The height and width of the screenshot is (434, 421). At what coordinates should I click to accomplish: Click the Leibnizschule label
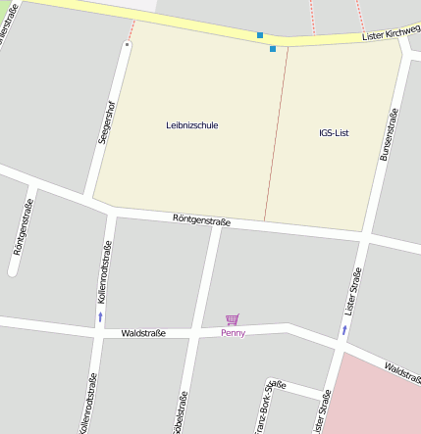[192, 125]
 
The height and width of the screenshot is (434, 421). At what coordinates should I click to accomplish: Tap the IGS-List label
[334, 132]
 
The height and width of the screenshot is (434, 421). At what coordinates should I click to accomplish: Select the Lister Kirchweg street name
[391, 32]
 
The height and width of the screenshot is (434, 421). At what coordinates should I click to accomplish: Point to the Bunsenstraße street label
[390, 134]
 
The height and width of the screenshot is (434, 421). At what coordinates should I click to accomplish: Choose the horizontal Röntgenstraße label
[201, 220]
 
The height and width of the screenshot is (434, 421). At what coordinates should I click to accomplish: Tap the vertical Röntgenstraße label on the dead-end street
[25, 226]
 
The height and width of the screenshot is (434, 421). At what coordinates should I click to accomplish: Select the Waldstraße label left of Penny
[143, 333]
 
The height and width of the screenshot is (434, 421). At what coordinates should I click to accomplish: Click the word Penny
[233, 333]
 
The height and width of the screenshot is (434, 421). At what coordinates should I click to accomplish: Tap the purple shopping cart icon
[233, 319]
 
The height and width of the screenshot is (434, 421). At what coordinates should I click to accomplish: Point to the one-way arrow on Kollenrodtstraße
[99, 317]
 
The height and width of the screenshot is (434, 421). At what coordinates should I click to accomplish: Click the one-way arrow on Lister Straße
[343, 331]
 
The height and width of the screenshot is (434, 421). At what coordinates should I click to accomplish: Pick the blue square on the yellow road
[260, 35]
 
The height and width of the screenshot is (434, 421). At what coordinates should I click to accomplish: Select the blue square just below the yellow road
[273, 48]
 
